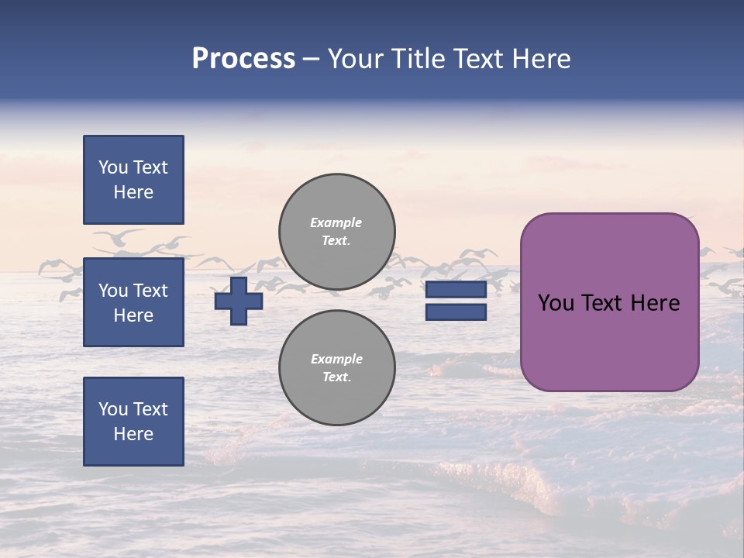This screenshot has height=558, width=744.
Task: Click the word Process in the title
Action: point(243,59)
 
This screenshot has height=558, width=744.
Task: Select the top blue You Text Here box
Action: point(133,180)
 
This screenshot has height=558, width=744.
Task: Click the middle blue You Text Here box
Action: point(133,302)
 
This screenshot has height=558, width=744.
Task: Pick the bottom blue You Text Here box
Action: point(133,422)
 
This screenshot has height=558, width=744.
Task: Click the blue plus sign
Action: point(239,301)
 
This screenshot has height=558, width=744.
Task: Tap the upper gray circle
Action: point(337,232)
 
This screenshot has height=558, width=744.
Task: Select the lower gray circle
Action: point(337,368)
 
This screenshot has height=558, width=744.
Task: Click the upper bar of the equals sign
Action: point(456,290)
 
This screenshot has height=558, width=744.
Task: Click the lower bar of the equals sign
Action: point(456,312)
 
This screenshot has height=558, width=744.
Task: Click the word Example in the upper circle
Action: point(336,222)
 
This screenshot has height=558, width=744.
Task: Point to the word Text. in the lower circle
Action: point(336,377)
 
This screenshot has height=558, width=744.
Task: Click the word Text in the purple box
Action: point(601,303)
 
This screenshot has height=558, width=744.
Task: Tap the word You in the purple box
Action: point(556,303)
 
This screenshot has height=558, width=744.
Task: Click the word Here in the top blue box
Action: point(133,192)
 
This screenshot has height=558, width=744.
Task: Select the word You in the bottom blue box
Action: point(113,409)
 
